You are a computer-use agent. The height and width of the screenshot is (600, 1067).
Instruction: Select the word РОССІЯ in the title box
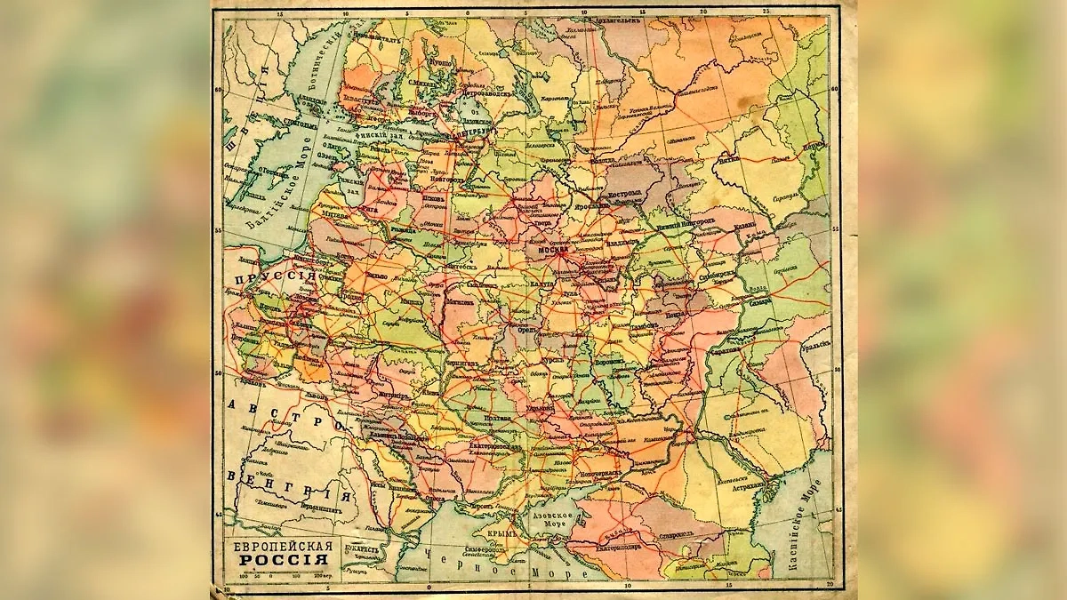[281, 561]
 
